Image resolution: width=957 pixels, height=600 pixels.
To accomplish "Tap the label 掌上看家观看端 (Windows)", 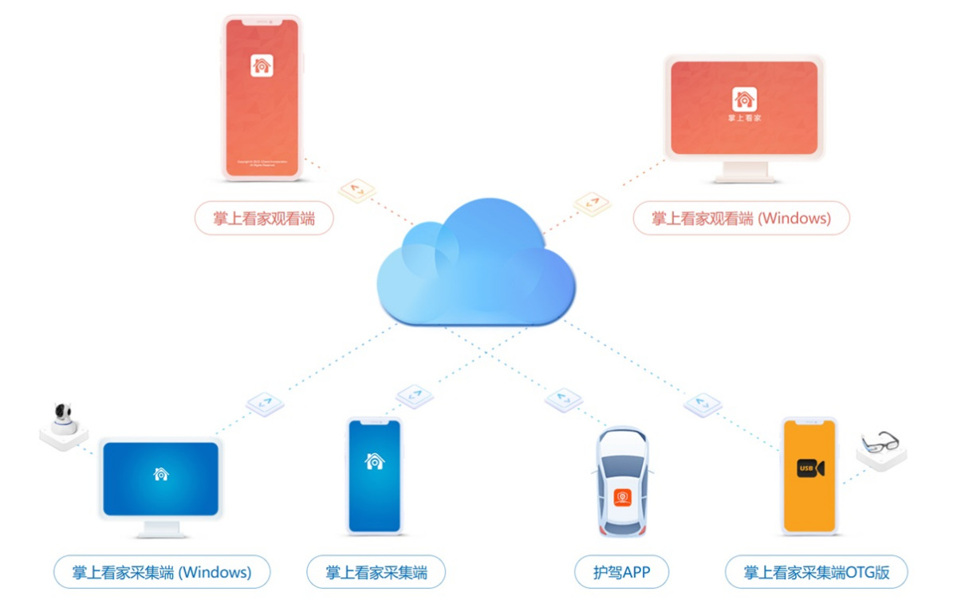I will (x=741, y=218).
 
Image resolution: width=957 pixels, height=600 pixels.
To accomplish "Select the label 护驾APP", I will (x=621, y=572).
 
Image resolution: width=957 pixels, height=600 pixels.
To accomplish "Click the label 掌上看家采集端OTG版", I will (x=816, y=572).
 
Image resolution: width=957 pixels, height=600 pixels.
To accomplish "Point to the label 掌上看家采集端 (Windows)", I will (x=162, y=572).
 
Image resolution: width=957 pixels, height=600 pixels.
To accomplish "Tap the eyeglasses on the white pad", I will (x=880, y=441).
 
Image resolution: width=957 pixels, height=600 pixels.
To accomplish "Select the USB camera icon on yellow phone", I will (x=809, y=468).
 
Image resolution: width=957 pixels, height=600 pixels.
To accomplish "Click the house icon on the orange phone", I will (x=262, y=65).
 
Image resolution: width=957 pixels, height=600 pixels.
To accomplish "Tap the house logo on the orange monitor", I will (x=744, y=100).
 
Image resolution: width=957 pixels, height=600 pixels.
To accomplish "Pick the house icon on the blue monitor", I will (x=161, y=474).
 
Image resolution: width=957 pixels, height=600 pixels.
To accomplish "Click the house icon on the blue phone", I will (x=374, y=460).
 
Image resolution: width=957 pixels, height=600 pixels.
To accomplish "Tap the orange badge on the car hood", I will (x=622, y=498).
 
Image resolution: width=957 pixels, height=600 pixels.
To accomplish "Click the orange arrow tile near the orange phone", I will (x=356, y=191).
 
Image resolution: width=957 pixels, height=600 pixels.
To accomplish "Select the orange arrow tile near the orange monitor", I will (x=592, y=203).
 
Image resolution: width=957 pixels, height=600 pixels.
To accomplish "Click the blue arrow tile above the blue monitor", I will (x=265, y=403).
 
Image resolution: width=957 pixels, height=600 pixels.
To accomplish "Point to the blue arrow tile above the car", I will (x=563, y=399).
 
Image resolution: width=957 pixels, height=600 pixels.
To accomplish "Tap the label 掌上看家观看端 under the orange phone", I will (x=264, y=218).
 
